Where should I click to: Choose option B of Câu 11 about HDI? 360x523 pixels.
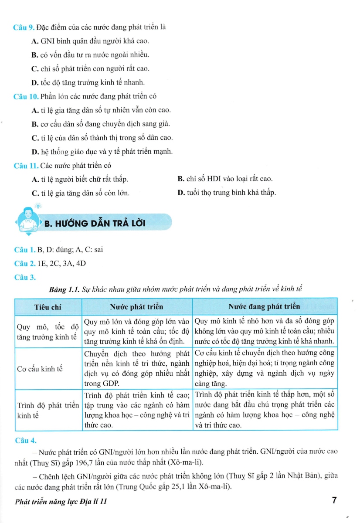click(225, 179)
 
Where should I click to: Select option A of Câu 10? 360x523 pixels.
click(101, 110)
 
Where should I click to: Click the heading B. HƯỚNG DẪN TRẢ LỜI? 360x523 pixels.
click(95, 224)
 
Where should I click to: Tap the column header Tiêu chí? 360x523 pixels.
click(48, 307)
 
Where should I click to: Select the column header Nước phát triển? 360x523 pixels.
click(136, 307)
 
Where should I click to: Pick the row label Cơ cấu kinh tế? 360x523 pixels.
click(40, 369)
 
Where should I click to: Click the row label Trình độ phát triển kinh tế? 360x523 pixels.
click(48, 410)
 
